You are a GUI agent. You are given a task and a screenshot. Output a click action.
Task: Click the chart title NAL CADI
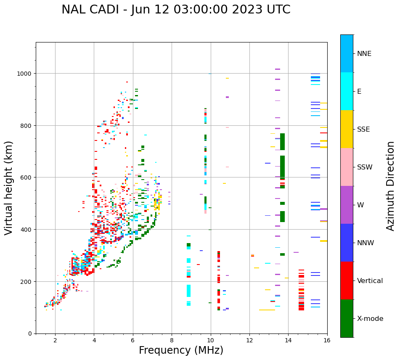pos(176,10)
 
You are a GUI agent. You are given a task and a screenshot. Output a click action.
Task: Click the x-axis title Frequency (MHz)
pos(181,350)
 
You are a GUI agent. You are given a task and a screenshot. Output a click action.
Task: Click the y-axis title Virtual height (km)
pos(9,188)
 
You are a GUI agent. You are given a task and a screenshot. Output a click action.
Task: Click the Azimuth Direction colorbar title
pos(391,186)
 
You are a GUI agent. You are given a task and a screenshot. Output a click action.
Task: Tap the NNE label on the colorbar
pos(364,53)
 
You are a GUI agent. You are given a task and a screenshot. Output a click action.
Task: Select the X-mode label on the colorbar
pos(370,318)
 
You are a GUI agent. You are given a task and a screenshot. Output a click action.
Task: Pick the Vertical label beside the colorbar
pos(370,281)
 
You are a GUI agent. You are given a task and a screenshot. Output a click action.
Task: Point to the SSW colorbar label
pos(365,167)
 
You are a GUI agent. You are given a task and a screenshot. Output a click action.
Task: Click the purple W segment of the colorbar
pos(347,205)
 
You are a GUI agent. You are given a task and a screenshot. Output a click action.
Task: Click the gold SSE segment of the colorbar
pos(347,129)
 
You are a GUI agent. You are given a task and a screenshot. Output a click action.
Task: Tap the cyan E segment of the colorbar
pos(347,91)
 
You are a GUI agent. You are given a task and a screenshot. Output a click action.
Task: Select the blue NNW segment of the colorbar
pos(347,243)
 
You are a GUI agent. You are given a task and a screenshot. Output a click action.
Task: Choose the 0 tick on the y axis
pos(30,334)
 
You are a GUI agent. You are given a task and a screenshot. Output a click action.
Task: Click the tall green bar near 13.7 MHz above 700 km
pos(282,141)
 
